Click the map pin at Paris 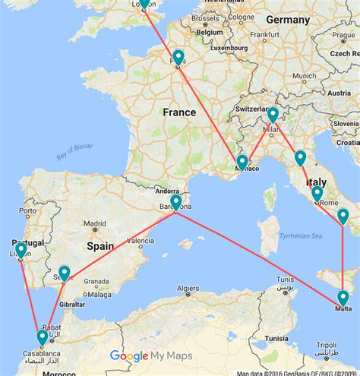[178, 57]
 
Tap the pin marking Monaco [242, 162]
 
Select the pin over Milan [272, 115]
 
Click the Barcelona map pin [175, 202]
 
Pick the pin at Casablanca [42, 337]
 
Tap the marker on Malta [343, 297]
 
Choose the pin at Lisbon [21, 249]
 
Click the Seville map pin [65, 272]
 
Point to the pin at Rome [317, 193]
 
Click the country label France [179, 112]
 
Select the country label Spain [99, 246]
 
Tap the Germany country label [288, 19]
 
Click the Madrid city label [95, 223]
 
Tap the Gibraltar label [72, 303]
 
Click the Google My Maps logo [150, 355]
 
